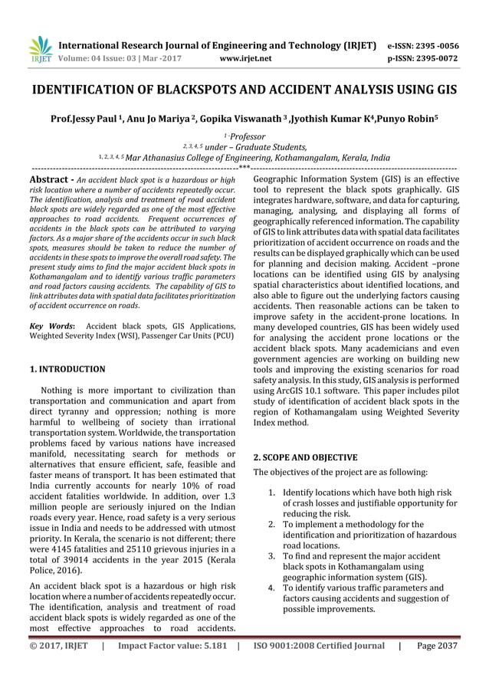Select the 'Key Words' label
coord(53,326)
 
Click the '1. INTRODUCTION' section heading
coord(67,369)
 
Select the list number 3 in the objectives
coord(273,555)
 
